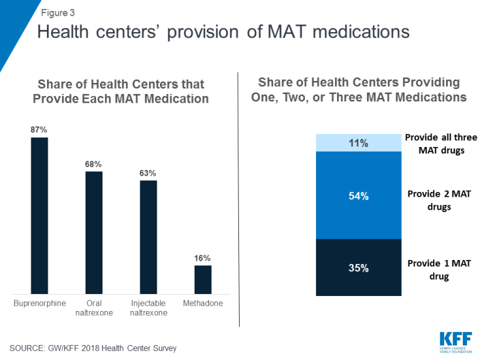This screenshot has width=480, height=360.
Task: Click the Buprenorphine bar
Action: tap(39, 216)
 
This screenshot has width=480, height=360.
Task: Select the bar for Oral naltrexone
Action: tap(94, 233)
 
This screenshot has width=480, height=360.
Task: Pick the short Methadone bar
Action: tap(203, 279)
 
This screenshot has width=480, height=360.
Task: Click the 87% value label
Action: tap(39, 130)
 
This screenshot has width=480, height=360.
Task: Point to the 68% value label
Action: tap(94, 164)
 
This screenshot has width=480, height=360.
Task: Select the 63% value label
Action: tap(148, 172)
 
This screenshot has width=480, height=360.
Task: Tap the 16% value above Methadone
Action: tap(203, 258)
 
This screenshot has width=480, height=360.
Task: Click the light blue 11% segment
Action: tap(358, 143)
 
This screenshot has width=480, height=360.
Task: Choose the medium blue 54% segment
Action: tap(358, 195)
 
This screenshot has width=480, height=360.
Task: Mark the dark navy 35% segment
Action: tap(358, 267)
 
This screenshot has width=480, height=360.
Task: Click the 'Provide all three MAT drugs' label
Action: tap(441, 143)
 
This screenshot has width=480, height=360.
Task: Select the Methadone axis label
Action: tap(203, 304)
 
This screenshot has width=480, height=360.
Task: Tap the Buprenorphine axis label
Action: tap(39, 304)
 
